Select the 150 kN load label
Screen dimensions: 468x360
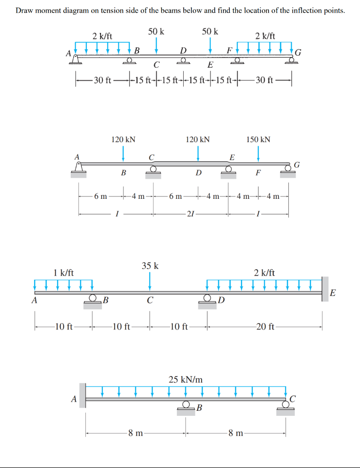pos(258,139)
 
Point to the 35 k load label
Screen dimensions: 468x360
pos(150,266)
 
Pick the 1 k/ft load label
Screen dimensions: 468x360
pos(64,272)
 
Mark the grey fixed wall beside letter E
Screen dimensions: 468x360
pos(325,289)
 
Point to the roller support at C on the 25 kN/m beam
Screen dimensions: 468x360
pos(286,406)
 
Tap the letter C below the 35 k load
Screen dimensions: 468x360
pos(150,301)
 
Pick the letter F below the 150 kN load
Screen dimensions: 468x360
pos(258,173)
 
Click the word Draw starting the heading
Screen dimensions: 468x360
pos(24,11)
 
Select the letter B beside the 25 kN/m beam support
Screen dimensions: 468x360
pos(199,408)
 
